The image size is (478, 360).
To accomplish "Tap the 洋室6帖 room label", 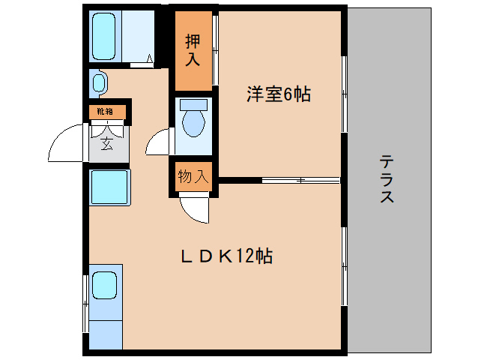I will (x=279, y=95).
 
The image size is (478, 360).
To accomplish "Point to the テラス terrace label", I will (x=387, y=179).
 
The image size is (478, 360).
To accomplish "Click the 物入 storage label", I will (x=193, y=177).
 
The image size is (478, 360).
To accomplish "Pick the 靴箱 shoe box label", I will (x=105, y=112).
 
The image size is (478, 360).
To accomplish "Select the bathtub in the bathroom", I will (x=104, y=37).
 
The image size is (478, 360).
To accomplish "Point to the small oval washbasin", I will (x=98, y=82).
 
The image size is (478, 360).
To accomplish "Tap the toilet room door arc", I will (x=158, y=142).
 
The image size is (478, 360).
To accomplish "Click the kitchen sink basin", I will (x=104, y=285).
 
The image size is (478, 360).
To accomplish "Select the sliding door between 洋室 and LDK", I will (x=300, y=180).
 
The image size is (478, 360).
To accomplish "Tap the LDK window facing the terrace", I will (x=344, y=266).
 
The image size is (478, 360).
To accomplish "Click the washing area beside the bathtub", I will (x=138, y=37).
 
